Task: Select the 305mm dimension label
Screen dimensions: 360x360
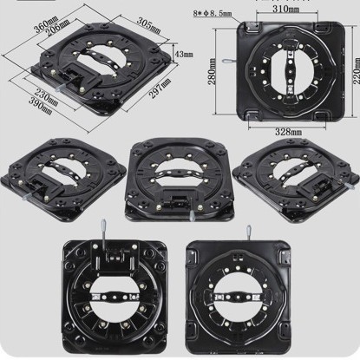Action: (148, 25)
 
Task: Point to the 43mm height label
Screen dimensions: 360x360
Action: (183, 54)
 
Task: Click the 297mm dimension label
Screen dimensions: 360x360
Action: (160, 88)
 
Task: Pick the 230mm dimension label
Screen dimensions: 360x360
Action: (46, 96)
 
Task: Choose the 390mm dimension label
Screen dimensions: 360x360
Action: (40, 106)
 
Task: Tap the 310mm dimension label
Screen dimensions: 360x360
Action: (286, 10)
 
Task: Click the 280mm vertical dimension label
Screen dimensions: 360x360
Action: (212, 71)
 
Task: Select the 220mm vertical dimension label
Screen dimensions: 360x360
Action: (357, 71)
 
